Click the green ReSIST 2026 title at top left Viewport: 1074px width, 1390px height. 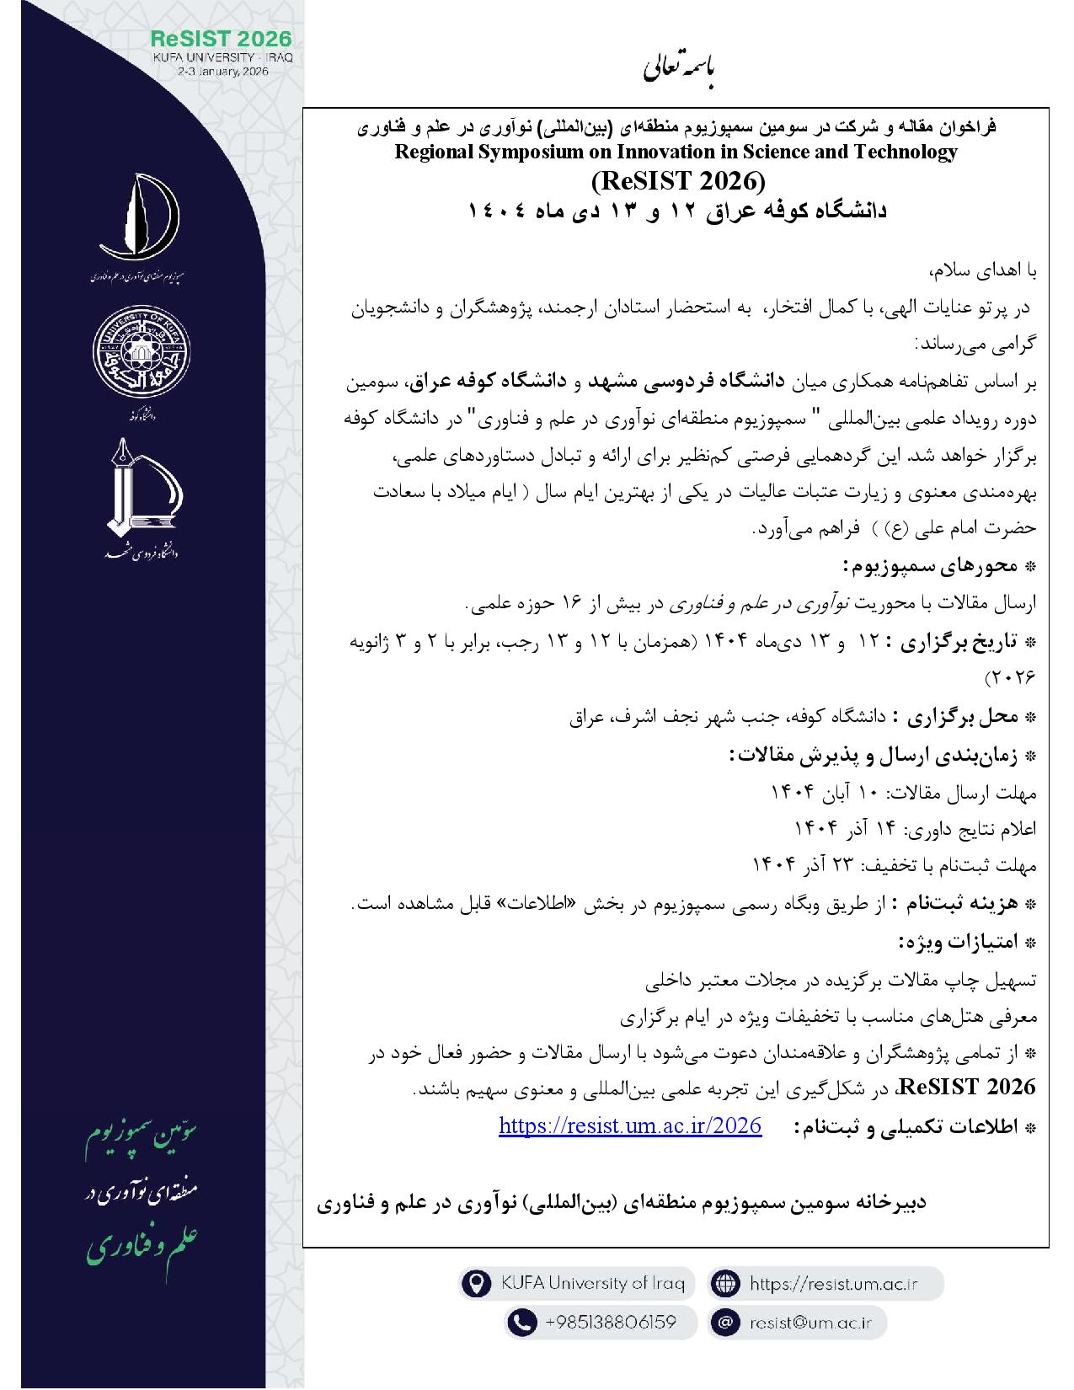(x=222, y=39)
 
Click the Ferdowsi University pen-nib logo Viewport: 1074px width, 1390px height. (x=140, y=491)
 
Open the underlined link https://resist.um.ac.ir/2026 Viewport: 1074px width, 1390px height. (x=630, y=1125)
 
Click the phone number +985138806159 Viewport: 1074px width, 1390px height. (x=611, y=1322)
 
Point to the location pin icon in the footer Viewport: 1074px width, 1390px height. (x=477, y=1284)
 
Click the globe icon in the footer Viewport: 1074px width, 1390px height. (x=724, y=1284)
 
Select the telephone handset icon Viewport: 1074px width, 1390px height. (x=523, y=1322)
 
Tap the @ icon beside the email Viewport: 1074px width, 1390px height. (x=724, y=1322)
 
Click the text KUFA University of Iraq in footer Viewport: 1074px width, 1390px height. (x=587, y=1284)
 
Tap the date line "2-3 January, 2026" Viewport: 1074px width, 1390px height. (x=222, y=72)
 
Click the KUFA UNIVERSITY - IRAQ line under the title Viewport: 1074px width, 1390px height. (x=222, y=56)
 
